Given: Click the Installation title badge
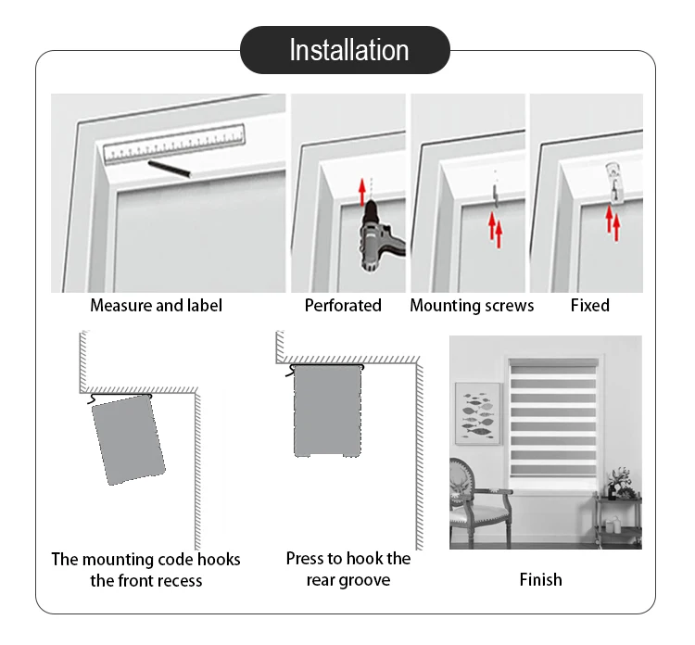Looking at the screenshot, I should tap(347, 49).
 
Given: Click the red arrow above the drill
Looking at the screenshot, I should tap(362, 193).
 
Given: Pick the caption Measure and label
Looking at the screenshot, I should tap(156, 305).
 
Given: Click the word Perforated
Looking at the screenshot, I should tap(343, 305).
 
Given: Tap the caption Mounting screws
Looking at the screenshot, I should tap(472, 305).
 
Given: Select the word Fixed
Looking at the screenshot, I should tap(589, 305).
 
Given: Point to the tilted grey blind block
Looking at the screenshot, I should tap(128, 440).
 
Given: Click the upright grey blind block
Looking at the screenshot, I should tap(327, 411).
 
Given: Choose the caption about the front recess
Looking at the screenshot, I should tap(145, 570).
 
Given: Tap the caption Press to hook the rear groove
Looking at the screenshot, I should tap(347, 569).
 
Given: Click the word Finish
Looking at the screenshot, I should tap(540, 579).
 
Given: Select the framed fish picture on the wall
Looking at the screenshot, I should tap(478, 412).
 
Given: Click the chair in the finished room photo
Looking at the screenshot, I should tap(477, 500).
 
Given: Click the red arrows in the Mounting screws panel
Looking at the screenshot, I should tap(495, 227).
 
